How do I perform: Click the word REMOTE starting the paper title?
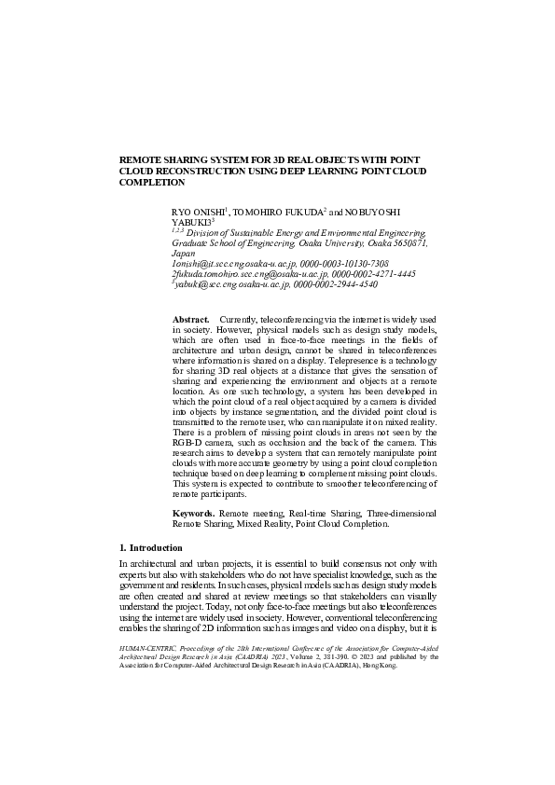(141, 159)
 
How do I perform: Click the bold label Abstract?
(190, 320)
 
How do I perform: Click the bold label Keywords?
(193, 514)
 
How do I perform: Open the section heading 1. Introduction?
(150, 547)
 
